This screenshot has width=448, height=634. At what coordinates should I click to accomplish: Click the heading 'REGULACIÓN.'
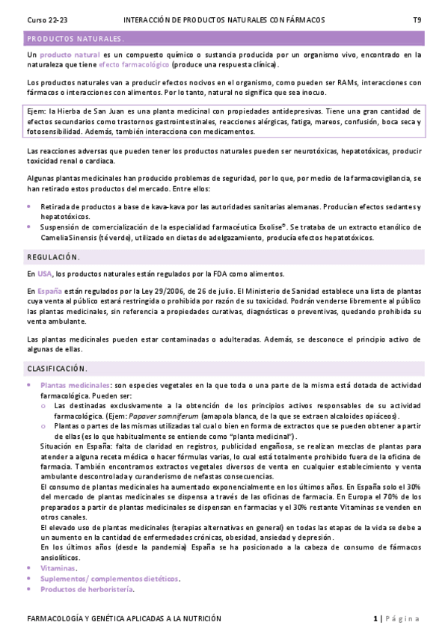(x=53, y=256)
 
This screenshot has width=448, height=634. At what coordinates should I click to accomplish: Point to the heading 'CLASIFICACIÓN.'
(x=57, y=368)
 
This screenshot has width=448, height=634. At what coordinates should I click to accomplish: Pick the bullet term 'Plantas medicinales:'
(x=76, y=384)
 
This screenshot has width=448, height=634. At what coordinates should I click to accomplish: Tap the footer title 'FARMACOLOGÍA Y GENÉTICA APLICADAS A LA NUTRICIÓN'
(x=124, y=618)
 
